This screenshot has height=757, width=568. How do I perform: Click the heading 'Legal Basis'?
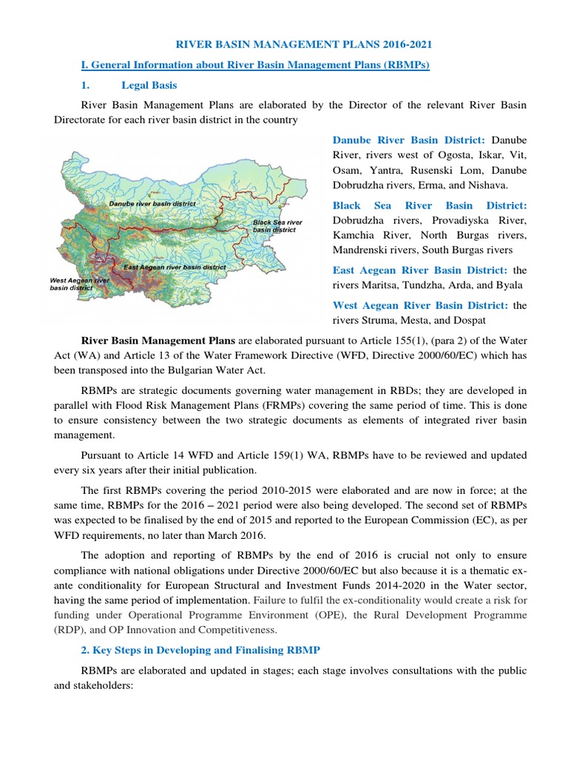[149, 85]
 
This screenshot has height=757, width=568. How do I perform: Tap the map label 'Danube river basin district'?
[152, 203]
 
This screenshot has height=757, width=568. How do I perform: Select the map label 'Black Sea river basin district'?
[277, 225]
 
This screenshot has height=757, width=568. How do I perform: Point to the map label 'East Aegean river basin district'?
[175, 267]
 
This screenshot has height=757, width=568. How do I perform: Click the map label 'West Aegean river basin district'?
[79, 285]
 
